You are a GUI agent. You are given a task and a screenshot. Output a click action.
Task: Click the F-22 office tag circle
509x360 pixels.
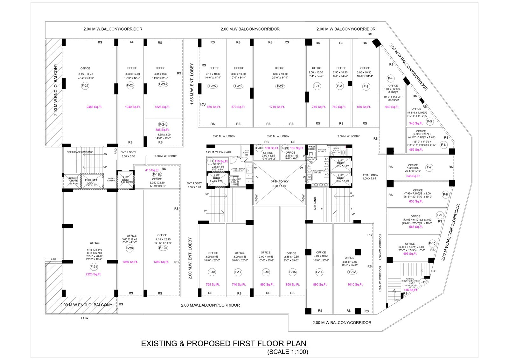(x=85, y=86)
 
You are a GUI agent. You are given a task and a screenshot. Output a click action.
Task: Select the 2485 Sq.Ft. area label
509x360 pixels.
(x=94, y=107)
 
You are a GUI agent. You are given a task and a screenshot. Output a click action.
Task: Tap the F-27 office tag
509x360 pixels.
(x=280, y=86)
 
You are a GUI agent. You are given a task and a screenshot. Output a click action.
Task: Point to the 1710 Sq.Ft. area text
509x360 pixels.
(x=277, y=107)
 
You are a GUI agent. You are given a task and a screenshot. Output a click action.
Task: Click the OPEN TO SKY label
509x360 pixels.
(x=279, y=181)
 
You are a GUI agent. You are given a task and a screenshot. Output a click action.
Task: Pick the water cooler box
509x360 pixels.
(x=312, y=148)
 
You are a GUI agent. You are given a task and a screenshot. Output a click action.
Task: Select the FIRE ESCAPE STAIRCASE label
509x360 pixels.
(x=80, y=152)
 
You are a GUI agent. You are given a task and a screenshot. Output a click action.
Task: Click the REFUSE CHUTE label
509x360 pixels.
(x=73, y=180)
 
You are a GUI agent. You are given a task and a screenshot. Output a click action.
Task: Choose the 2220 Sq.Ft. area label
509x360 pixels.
(x=93, y=274)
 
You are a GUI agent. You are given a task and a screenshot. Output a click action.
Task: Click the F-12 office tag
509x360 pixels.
(x=352, y=272)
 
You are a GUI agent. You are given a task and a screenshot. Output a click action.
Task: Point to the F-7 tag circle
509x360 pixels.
(x=429, y=167)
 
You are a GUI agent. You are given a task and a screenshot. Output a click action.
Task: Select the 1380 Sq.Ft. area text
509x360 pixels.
(x=161, y=262)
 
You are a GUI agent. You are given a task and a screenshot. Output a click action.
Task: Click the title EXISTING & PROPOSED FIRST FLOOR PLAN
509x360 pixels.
(x=223, y=343)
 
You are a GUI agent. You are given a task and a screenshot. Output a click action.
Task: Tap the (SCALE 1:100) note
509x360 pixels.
(x=288, y=352)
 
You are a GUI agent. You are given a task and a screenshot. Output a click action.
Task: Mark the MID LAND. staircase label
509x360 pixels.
(x=315, y=203)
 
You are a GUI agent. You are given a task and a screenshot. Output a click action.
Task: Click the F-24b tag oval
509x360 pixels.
(x=163, y=124)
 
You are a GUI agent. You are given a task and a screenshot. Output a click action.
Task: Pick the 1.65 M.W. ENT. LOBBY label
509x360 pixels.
(x=192, y=84)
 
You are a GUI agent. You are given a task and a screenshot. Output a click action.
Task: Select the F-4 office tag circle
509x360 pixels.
(x=390, y=79)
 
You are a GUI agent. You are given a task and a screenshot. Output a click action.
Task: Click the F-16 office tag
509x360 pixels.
(x=266, y=272)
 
